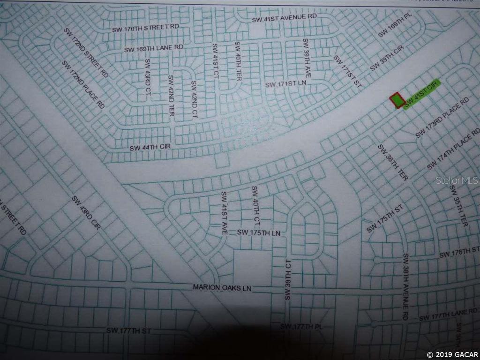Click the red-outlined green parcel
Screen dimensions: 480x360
(397, 100)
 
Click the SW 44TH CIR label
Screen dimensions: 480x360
(150, 147)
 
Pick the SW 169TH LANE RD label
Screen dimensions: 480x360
(153, 48)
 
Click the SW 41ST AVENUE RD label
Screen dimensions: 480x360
(285, 18)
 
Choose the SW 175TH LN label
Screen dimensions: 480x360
(258, 232)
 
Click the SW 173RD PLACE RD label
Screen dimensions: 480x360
(442, 118)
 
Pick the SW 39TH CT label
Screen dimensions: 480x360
(288, 279)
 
